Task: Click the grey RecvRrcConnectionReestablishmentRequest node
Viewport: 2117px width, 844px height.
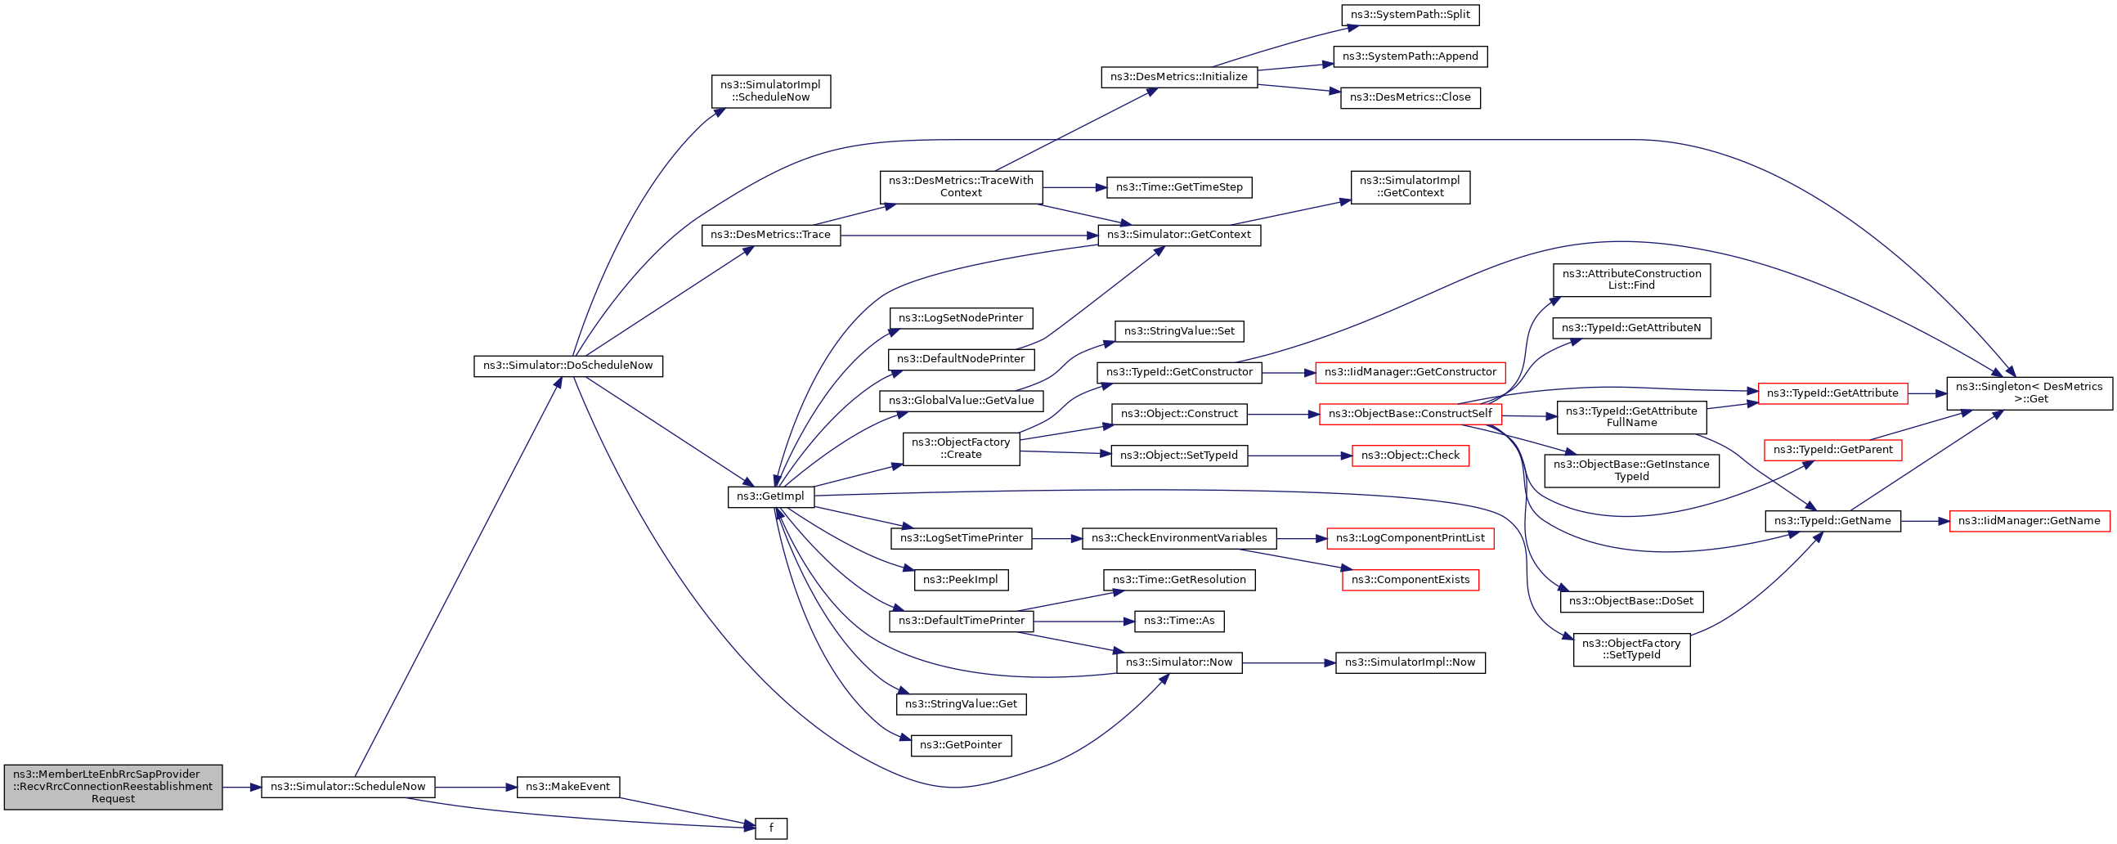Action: (x=113, y=787)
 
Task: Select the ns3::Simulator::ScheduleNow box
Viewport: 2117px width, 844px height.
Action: (x=348, y=787)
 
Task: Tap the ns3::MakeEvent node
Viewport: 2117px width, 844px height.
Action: (x=567, y=787)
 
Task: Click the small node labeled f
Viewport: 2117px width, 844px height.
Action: (x=771, y=828)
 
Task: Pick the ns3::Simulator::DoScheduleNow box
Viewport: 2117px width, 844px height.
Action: (x=567, y=366)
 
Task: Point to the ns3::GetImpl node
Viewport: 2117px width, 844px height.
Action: (x=771, y=496)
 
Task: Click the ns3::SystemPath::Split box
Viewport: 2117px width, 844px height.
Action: (x=1411, y=15)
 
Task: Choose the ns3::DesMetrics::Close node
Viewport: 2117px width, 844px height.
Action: (x=1411, y=98)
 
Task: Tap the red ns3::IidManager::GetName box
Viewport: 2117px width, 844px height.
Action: (x=2029, y=521)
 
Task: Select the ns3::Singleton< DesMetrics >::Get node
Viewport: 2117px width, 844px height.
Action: (x=2029, y=393)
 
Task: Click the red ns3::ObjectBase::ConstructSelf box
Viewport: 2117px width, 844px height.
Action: (x=1411, y=414)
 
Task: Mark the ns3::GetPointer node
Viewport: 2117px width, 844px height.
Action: (x=961, y=745)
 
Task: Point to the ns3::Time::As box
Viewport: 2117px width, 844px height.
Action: (x=1179, y=622)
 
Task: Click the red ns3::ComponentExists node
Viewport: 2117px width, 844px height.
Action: (x=1411, y=580)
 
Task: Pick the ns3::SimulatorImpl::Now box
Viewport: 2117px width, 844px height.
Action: (x=1411, y=662)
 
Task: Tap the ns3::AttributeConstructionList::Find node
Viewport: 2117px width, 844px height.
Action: (x=1631, y=280)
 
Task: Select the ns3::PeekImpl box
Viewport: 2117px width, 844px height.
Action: (x=961, y=580)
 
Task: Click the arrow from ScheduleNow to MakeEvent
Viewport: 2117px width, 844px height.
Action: (x=476, y=788)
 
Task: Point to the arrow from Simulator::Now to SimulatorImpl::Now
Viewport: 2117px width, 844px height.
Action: (x=1289, y=662)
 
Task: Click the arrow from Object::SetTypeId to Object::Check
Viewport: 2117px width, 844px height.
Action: (x=1300, y=456)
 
